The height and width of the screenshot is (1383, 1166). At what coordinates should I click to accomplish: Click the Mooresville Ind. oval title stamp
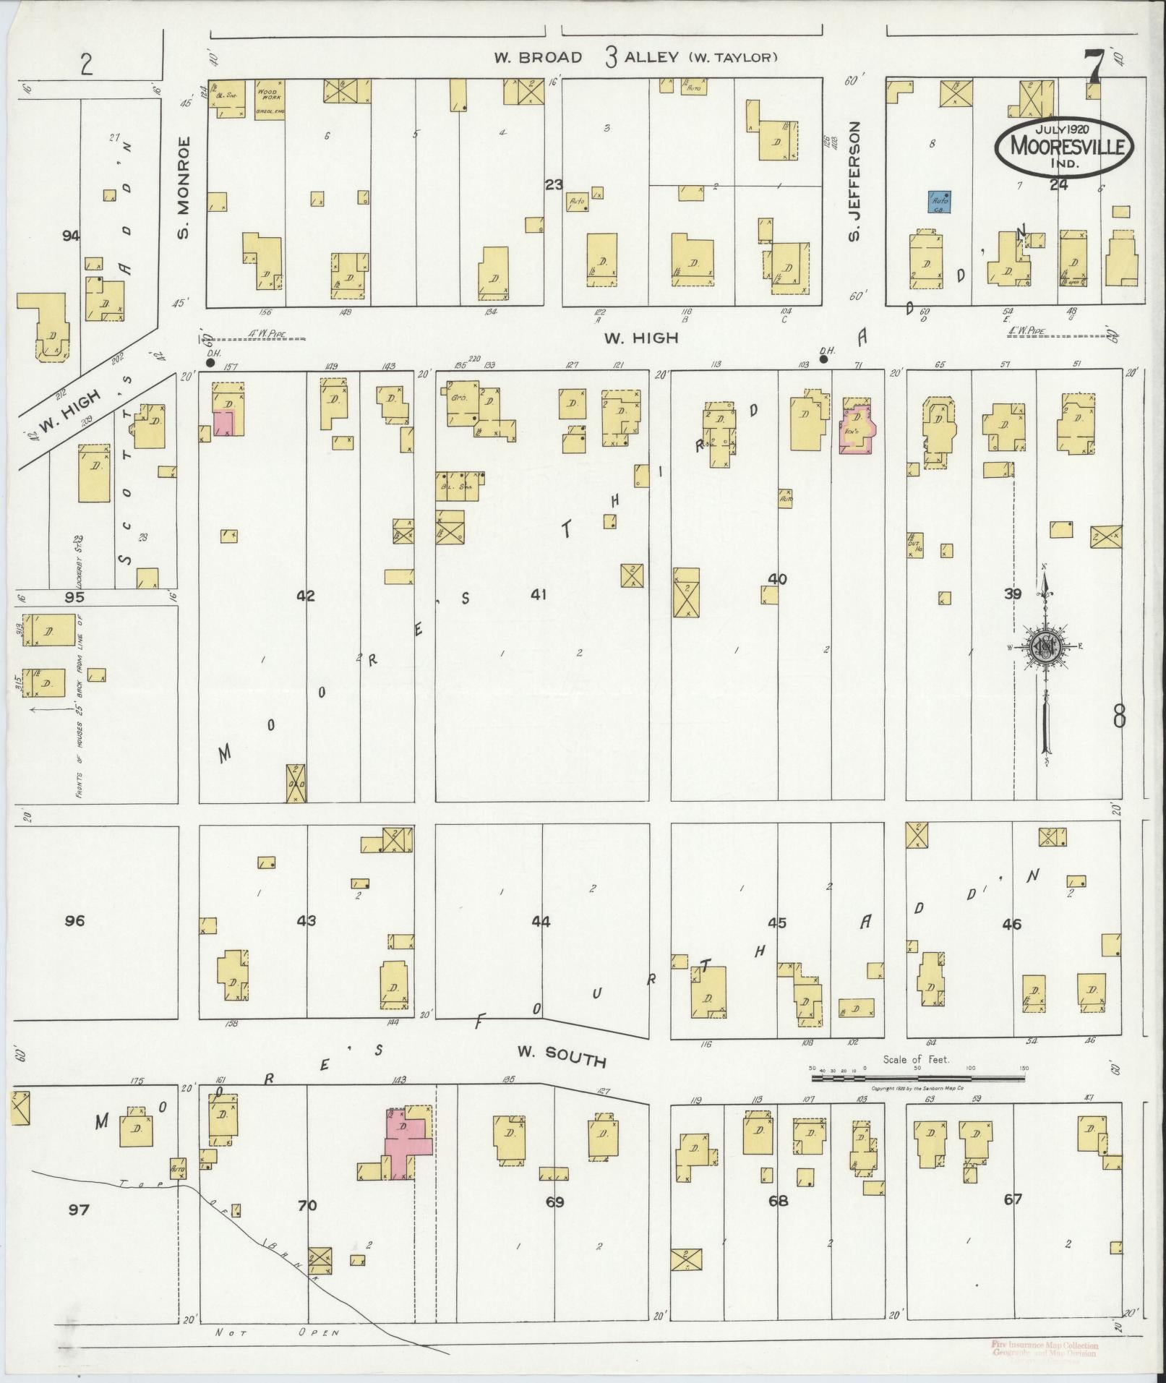pos(1063,147)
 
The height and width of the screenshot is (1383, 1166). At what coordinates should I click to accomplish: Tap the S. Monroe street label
pos(183,188)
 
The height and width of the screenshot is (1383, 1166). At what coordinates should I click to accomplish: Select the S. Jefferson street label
pos(854,183)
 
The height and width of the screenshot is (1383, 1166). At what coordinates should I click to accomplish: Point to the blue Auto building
pos(940,202)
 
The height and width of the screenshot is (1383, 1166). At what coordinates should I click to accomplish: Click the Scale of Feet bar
pos(917,1078)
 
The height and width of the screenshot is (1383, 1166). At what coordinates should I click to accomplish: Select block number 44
pos(541,921)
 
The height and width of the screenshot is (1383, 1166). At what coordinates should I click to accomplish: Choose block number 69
pos(554,1202)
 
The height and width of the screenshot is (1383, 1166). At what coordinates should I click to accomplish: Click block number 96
pos(74,920)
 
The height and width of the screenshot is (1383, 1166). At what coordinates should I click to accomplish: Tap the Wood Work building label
pos(269,95)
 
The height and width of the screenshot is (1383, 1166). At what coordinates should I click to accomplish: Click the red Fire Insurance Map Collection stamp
pos(1045,1348)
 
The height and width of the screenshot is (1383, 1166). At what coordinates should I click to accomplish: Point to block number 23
pos(554,185)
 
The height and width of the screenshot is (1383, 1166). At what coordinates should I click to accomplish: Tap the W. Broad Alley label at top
pos(635,58)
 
